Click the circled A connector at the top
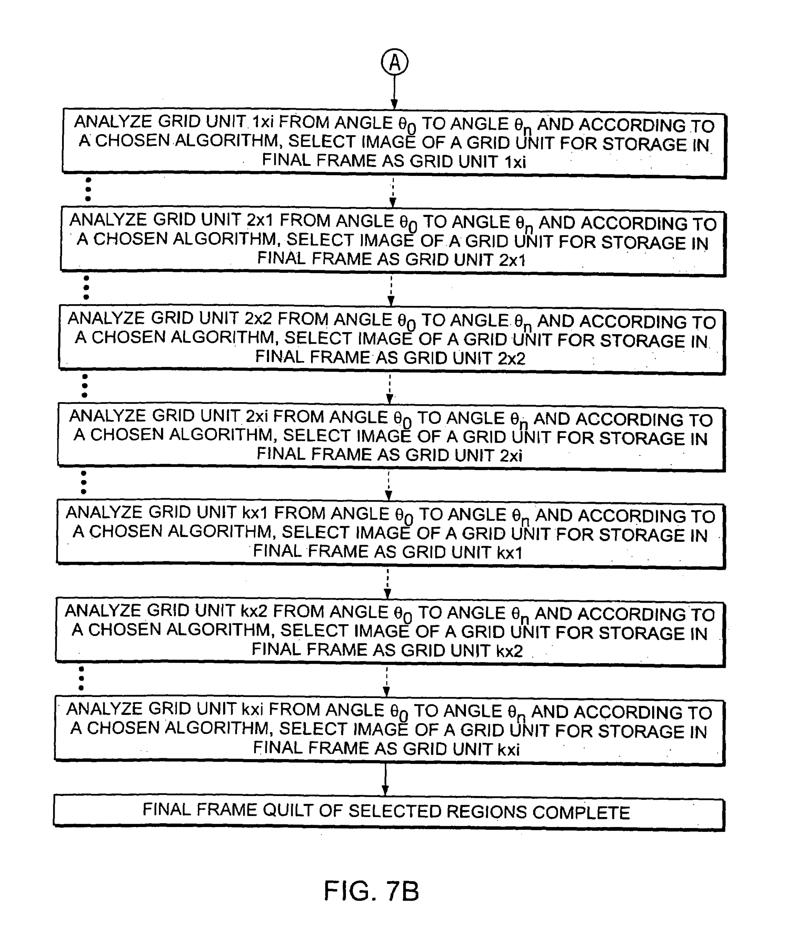click(394, 62)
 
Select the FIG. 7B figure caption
click(371, 891)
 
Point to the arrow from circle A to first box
click(394, 92)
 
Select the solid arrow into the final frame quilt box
click(385, 779)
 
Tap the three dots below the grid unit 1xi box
click(88, 189)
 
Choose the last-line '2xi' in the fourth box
click(511, 455)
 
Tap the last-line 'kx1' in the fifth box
click(509, 552)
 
